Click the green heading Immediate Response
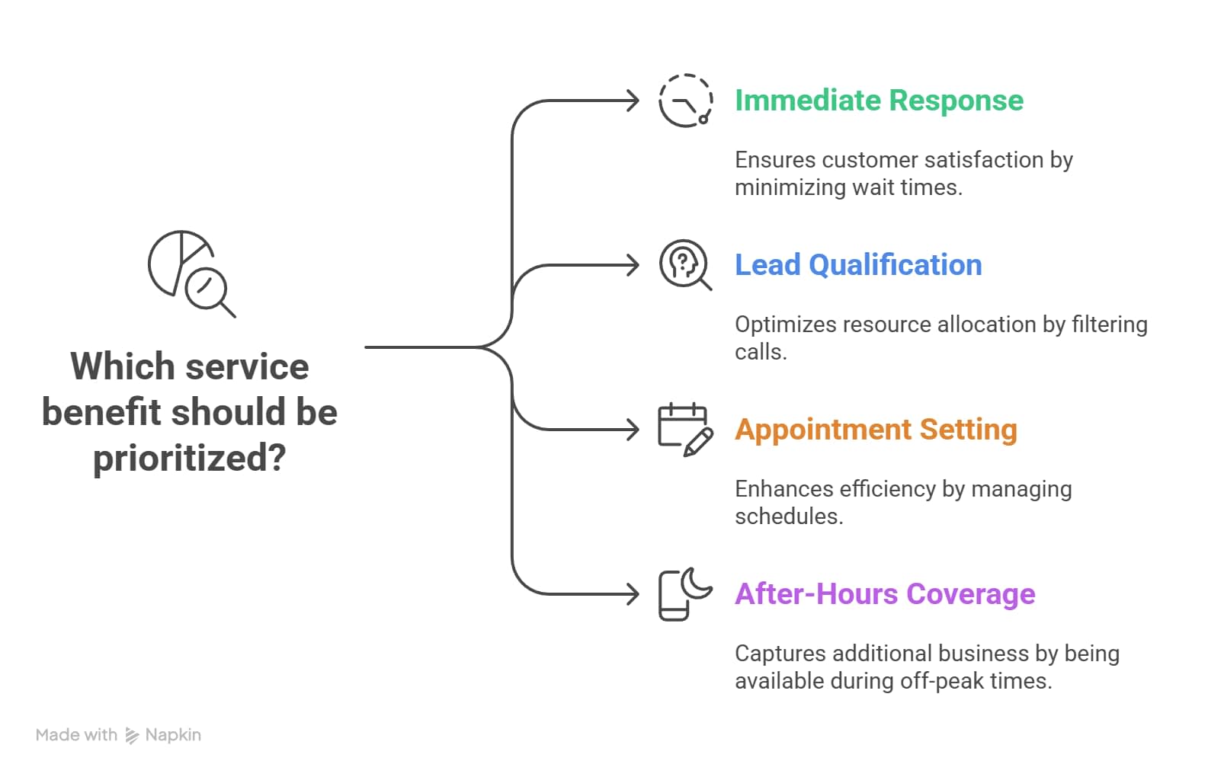[x=878, y=101]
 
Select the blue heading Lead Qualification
[x=857, y=265]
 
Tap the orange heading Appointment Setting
[x=875, y=430]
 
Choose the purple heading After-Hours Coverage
[x=884, y=594]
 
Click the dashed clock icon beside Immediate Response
[x=685, y=101]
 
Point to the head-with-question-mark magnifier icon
[x=684, y=264]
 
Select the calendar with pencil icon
[x=684, y=430]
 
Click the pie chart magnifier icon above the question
[x=191, y=273]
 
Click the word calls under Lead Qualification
[x=760, y=352]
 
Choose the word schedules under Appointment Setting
[x=788, y=516]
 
